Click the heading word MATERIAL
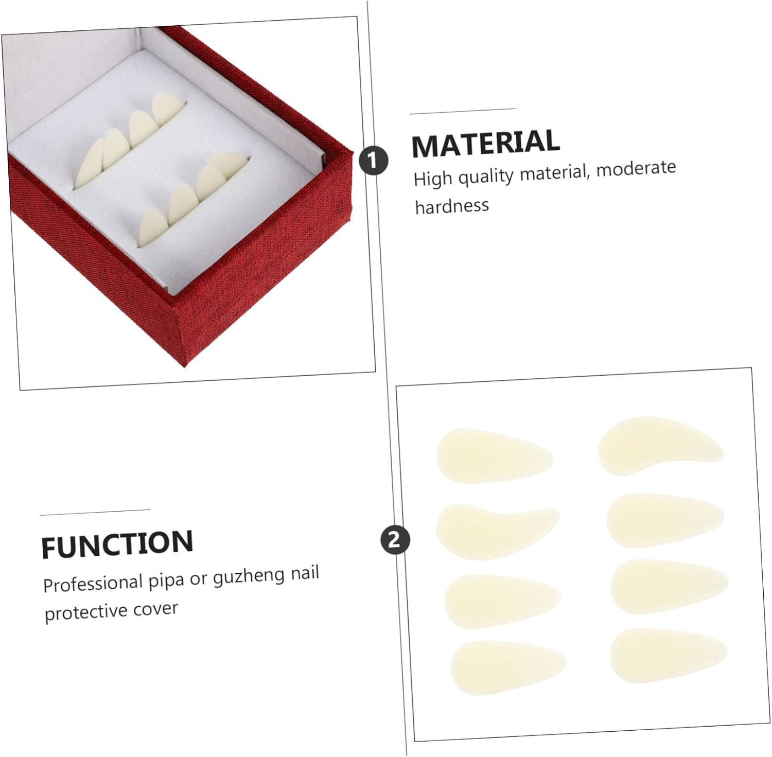[485, 143]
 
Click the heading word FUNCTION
[117, 544]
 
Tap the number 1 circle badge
[374, 161]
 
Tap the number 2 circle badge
[395, 540]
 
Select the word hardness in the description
[452, 206]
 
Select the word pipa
[166, 580]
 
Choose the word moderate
[636, 168]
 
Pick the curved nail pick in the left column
[495, 530]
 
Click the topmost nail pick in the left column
[494, 456]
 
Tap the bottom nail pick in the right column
[668, 655]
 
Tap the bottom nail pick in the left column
[508, 667]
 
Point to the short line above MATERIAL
[463, 111]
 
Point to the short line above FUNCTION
[95, 512]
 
